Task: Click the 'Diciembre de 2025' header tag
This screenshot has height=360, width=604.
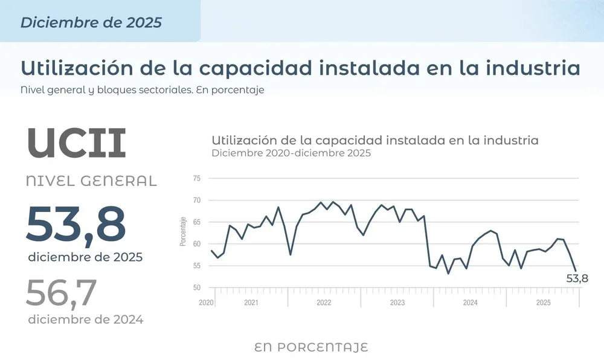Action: (91, 22)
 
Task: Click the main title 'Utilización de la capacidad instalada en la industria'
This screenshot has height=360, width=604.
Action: (300, 68)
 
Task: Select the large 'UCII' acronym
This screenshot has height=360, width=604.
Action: (77, 143)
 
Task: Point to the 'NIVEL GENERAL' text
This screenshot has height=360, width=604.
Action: (91, 180)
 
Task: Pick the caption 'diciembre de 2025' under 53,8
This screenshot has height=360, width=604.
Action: (85, 257)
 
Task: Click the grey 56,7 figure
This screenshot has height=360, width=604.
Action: (61, 292)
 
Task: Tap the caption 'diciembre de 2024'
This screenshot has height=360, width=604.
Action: (85, 320)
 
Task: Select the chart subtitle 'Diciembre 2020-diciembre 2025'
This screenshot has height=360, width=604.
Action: (291, 153)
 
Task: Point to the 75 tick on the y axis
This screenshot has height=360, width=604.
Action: (197, 178)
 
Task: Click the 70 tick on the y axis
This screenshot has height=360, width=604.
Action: (197, 200)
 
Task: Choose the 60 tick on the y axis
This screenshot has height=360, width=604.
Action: (197, 244)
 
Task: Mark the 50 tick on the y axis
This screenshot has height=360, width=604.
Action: (197, 288)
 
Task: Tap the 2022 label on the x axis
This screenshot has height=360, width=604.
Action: (324, 303)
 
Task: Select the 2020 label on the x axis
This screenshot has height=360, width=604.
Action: (207, 303)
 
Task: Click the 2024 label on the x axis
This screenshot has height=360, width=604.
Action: (470, 303)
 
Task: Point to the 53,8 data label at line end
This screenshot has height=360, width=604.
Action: (577, 278)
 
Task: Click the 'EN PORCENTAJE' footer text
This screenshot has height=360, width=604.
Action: (311, 347)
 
